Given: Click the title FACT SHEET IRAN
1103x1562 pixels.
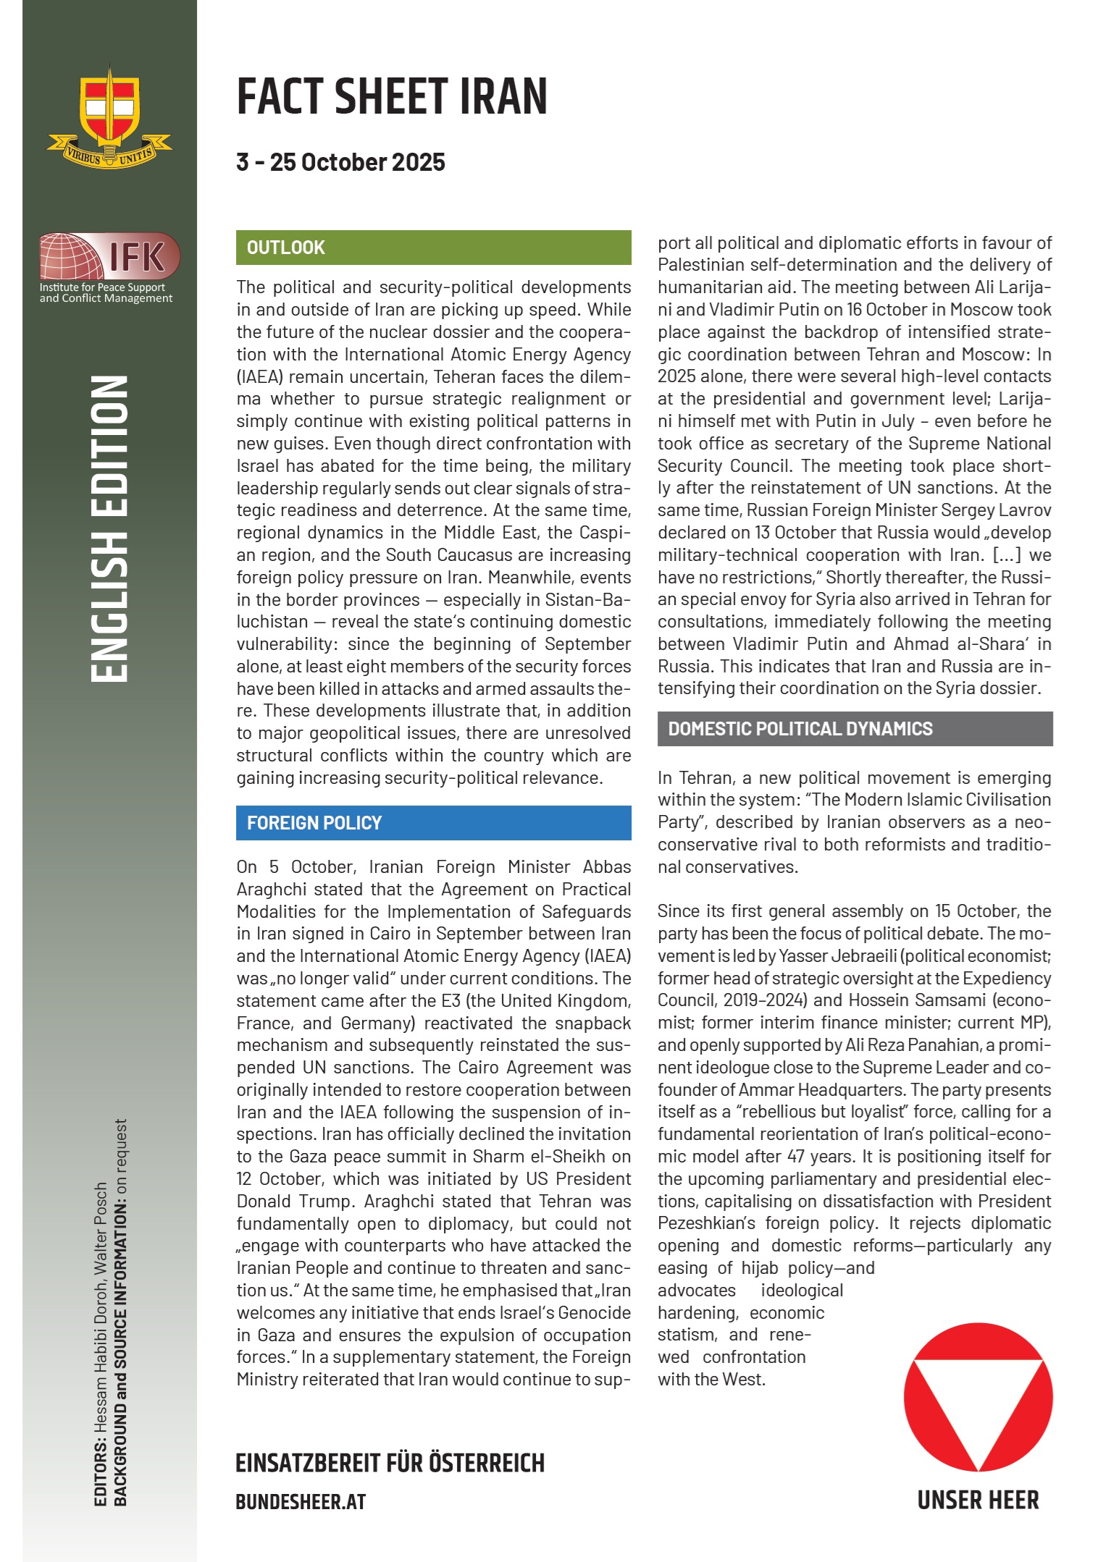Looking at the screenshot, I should click(x=392, y=96).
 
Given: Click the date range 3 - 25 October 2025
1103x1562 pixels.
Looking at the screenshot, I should click(x=340, y=162).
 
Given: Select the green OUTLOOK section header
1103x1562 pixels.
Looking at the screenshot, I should click(x=433, y=248).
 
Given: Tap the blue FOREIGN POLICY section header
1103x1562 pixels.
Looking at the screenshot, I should click(x=433, y=823).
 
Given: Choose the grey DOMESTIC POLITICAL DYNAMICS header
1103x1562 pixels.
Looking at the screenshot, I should click(x=855, y=729).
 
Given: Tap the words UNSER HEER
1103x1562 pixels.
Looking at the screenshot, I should click(x=978, y=1500).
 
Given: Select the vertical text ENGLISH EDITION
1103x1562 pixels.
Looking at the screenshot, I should click(x=109, y=528).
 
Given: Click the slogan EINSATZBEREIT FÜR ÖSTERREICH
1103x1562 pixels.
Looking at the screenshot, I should click(x=390, y=1463).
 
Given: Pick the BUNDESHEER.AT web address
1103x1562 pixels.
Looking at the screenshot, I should click(x=301, y=1502).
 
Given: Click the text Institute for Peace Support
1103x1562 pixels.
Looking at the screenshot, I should click(x=102, y=287).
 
